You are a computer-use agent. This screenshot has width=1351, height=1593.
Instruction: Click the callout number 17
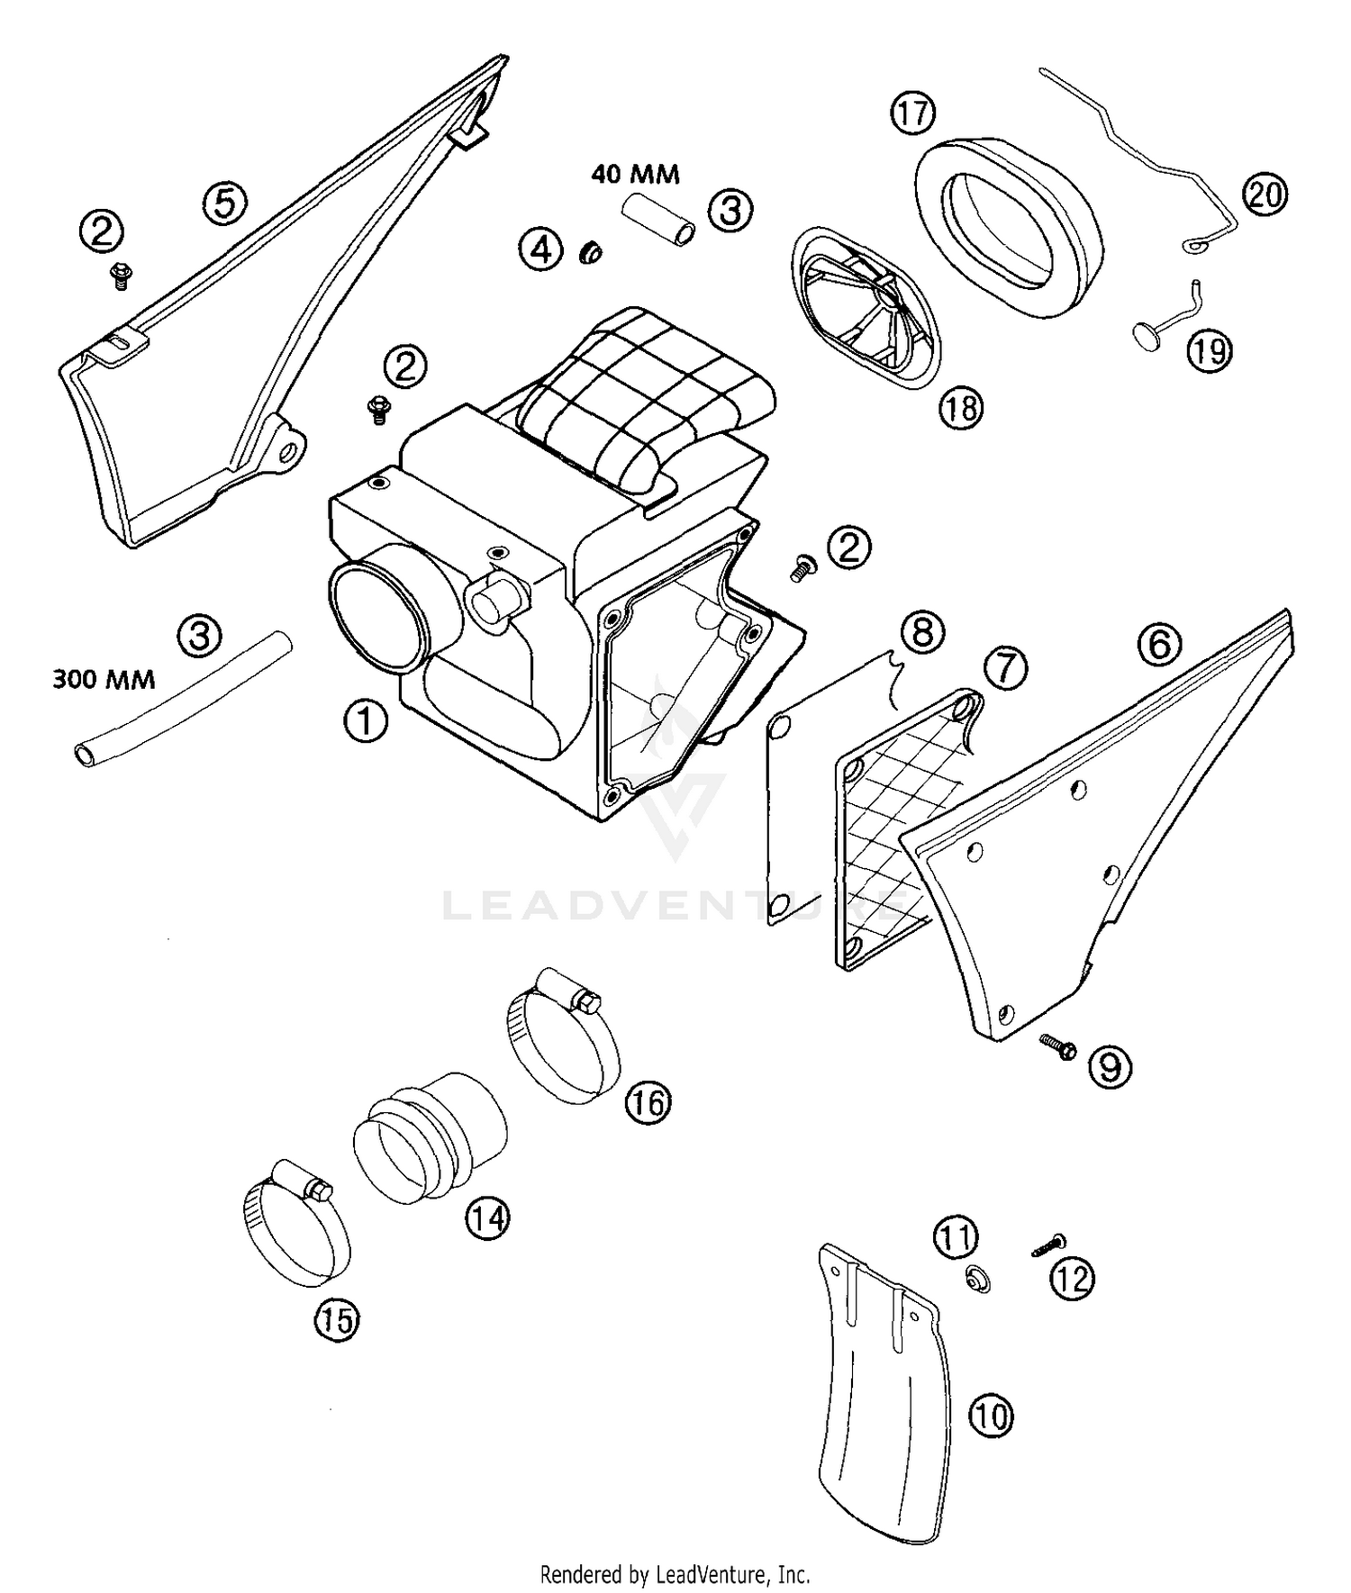[x=912, y=113]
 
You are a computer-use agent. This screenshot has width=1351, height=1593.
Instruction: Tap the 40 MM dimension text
[x=635, y=174]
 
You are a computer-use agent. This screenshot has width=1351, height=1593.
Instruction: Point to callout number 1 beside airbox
[x=366, y=722]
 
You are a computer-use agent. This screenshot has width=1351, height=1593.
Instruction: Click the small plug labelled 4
[x=591, y=253]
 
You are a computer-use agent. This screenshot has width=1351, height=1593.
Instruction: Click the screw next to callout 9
[x=1057, y=1047]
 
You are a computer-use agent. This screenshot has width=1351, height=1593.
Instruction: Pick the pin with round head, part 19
[x=1160, y=329]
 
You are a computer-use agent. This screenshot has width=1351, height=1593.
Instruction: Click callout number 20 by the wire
[x=1265, y=195]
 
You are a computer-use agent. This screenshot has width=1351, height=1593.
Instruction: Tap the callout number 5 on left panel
[x=224, y=203]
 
